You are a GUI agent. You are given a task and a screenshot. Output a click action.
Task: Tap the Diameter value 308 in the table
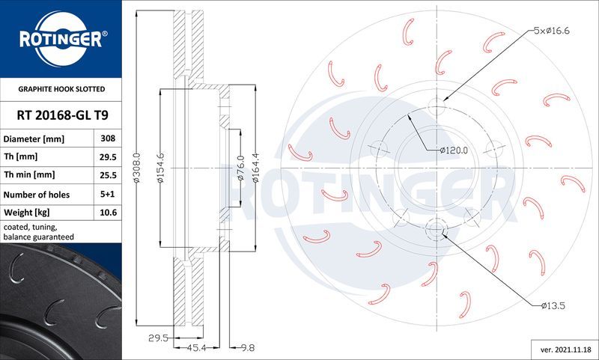[106, 139]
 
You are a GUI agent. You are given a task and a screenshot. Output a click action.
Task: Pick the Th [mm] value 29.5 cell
[106, 157]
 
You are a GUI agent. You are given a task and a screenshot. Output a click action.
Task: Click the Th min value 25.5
[106, 175]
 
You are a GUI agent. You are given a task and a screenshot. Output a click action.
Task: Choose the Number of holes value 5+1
[106, 195]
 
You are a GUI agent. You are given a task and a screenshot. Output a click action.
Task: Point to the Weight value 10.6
[106, 213]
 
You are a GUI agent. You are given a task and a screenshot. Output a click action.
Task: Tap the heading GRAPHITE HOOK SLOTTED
[61, 89]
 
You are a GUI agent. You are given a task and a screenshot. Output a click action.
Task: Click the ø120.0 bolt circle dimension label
[453, 150]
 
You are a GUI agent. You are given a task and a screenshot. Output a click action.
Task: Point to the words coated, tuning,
[31, 226]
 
